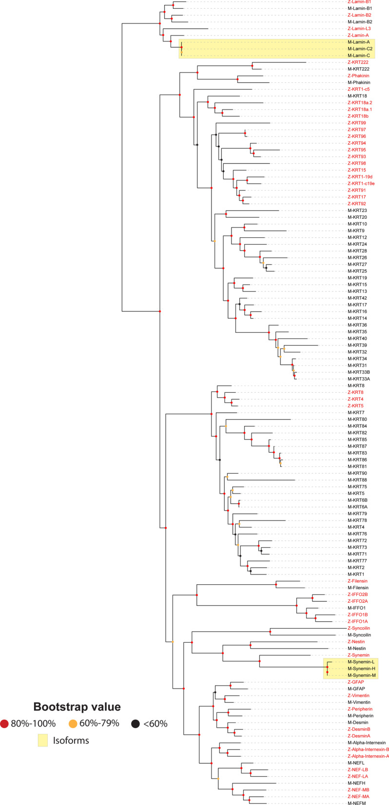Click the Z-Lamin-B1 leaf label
359,2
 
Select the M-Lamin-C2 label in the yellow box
360,49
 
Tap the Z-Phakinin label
358,76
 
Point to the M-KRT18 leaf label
357,96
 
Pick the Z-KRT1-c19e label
361,183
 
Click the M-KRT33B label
359,372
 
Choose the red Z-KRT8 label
355,392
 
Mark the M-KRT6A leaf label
357,507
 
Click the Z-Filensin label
357,581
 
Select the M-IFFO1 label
357,608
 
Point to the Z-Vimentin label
358,695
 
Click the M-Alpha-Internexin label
367,743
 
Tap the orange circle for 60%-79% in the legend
74,724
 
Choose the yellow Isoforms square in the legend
44,741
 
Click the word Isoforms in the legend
72,741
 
